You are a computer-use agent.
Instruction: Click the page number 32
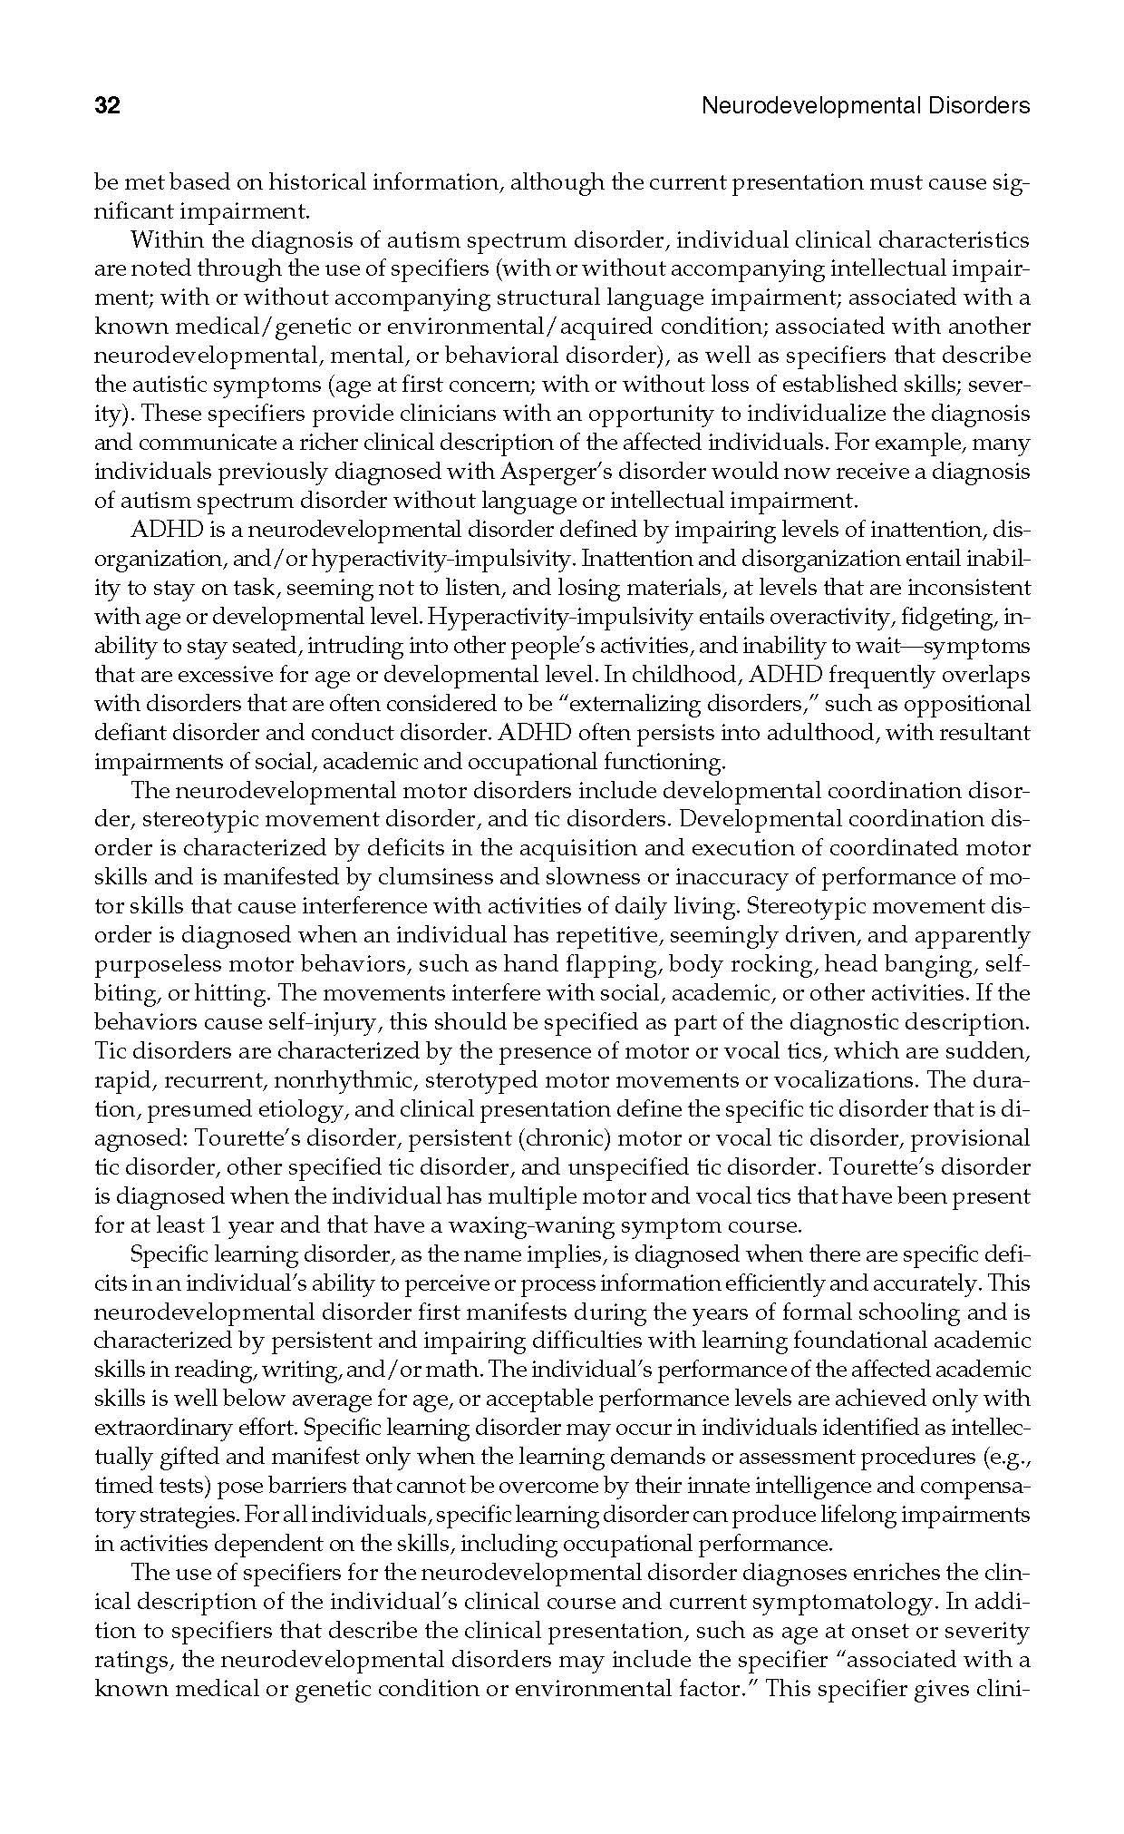pos(107,106)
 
